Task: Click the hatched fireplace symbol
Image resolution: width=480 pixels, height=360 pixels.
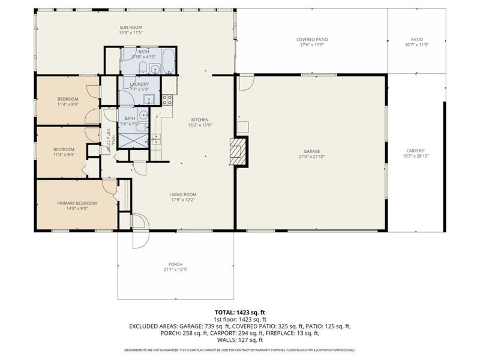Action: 239,151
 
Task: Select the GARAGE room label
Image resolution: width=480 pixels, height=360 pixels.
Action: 311,151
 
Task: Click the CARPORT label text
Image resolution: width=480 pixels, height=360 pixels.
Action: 416,151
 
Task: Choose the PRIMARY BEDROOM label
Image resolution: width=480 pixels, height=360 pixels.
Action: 77,203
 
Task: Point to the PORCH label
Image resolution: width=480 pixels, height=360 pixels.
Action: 175,264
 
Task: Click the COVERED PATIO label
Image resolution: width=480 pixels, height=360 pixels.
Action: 312,40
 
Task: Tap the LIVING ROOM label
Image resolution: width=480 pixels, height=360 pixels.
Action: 183,194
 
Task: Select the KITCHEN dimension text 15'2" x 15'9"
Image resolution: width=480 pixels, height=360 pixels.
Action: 201,125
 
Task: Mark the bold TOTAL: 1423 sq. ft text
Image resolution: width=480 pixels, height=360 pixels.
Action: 240,312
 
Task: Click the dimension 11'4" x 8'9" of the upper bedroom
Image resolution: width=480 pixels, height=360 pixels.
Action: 68,104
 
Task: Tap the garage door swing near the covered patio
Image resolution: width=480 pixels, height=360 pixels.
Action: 246,83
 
